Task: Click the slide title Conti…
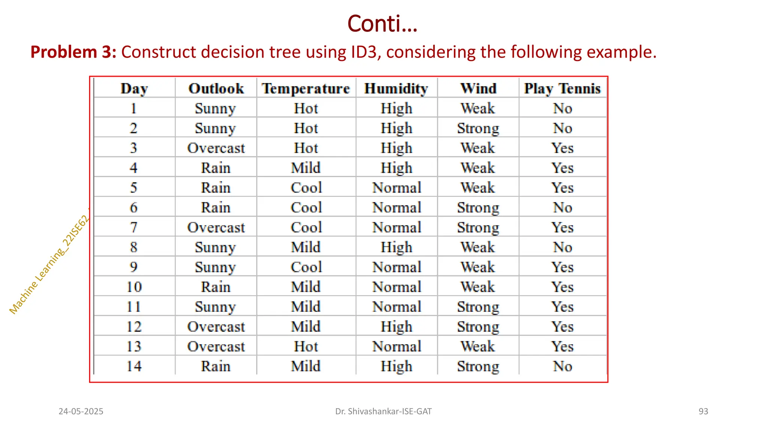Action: click(382, 24)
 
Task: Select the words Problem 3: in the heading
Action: click(73, 52)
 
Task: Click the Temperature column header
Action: click(306, 89)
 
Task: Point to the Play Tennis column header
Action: click(562, 89)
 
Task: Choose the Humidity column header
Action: click(396, 89)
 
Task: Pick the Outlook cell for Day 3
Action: click(216, 148)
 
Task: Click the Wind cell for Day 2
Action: click(478, 128)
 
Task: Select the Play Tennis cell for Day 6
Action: click(563, 208)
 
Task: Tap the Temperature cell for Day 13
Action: click(306, 346)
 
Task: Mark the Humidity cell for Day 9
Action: click(397, 267)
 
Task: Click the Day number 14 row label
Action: click(134, 366)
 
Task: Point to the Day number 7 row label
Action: click(134, 227)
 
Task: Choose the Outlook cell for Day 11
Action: click(215, 307)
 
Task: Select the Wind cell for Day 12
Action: click(478, 327)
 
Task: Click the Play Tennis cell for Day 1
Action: click(563, 108)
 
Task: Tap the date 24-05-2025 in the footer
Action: click(81, 412)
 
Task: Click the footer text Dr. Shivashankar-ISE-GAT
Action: click(383, 412)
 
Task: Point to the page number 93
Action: click(703, 412)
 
